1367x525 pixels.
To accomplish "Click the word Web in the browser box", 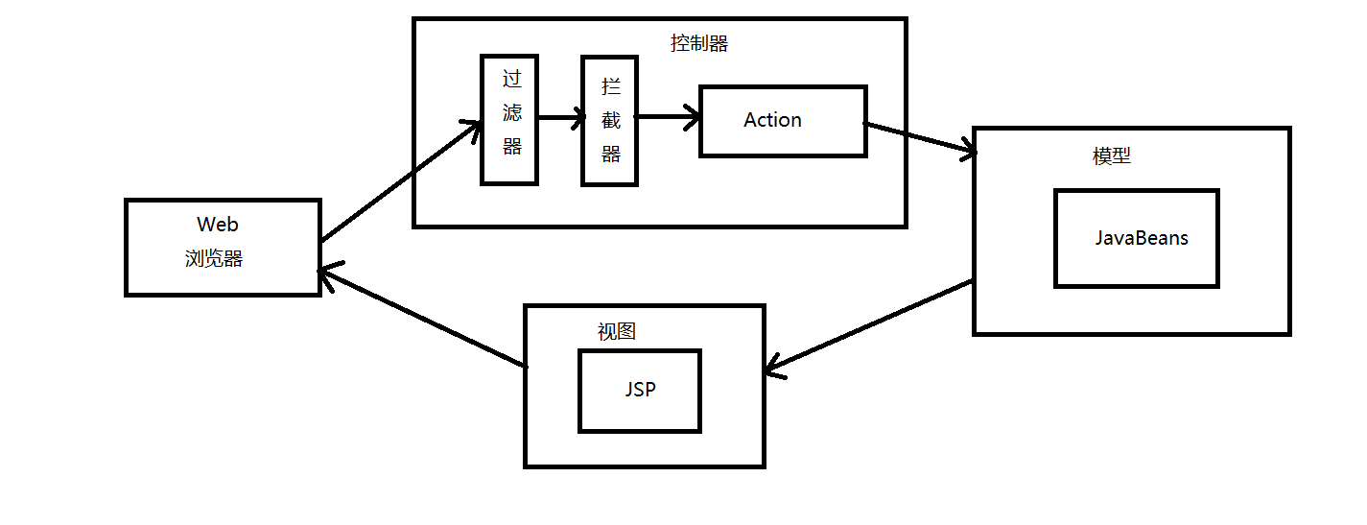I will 218,225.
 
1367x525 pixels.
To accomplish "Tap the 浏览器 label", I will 214,259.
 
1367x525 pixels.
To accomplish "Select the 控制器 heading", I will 698,43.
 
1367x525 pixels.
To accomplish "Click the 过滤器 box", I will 508,119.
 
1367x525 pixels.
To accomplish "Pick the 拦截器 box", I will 609,121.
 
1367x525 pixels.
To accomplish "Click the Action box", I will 783,121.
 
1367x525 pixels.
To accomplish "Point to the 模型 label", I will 1112,156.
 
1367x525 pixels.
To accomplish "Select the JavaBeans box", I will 1136,238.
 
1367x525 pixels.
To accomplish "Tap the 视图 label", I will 617,332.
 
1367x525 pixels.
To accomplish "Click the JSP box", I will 640,391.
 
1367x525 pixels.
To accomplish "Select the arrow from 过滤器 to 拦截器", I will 560,119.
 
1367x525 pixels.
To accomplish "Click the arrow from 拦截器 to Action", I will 668,118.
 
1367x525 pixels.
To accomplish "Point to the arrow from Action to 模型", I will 921,138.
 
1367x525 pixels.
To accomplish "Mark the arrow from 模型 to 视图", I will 870,327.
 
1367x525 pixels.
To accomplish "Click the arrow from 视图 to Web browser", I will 422,319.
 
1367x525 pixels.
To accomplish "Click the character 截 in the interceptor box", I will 611,121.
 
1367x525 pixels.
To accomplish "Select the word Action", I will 772,120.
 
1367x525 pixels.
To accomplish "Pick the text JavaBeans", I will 1142,238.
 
